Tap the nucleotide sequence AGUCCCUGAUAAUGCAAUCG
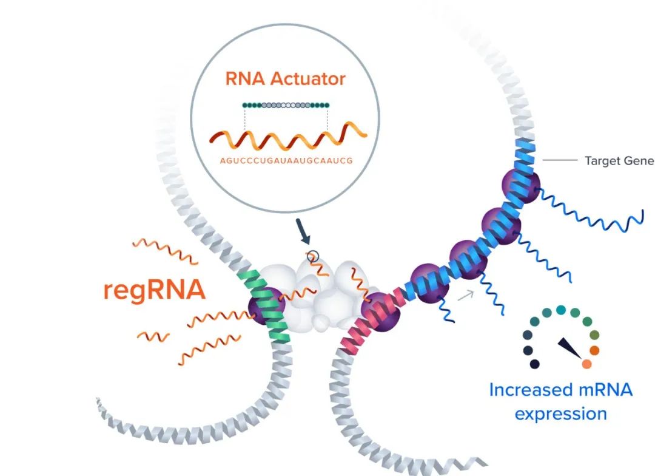(x=286, y=161)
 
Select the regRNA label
(x=154, y=290)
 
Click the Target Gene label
(x=619, y=161)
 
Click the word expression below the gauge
(x=560, y=414)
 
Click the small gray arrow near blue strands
(x=466, y=296)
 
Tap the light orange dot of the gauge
(x=586, y=364)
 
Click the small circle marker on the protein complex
(x=313, y=256)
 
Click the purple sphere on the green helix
(x=262, y=304)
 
